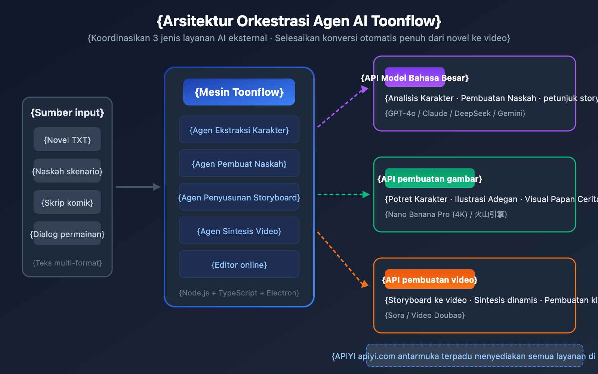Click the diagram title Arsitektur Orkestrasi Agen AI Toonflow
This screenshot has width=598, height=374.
(299, 21)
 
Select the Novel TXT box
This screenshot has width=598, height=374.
(67, 140)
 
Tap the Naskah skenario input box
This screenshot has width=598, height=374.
(67, 171)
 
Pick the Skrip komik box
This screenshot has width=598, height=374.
(67, 202)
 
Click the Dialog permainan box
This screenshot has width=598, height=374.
(67, 234)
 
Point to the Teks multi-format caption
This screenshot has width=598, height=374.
(67, 263)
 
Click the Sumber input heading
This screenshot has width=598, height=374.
(67, 113)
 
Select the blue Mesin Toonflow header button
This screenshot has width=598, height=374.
(239, 92)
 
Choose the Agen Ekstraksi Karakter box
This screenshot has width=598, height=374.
(239, 130)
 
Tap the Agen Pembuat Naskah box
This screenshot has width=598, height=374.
(239, 163)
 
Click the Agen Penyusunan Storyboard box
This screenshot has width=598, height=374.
(239, 197)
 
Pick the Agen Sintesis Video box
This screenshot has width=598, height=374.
(239, 231)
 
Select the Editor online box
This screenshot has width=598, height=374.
(239, 264)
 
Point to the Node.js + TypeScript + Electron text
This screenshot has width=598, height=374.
(239, 293)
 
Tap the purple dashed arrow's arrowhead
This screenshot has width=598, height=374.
(364, 89)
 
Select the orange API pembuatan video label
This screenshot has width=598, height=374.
(430, 279)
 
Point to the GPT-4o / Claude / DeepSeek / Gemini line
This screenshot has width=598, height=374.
(455, 113)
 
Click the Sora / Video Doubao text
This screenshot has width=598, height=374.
(425, 315)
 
